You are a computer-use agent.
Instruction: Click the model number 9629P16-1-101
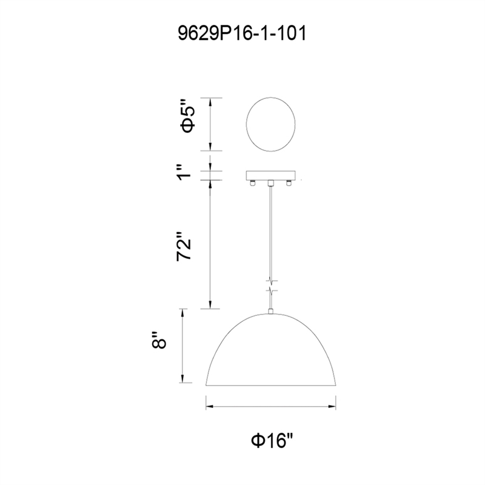click(x=242, y=33)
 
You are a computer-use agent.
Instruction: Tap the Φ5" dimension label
click(x=188, y=120)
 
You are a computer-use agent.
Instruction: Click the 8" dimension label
click(x=159, y=340)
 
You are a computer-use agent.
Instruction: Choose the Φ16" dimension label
click(x=272, y=440)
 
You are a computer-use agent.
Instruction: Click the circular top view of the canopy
click(x=270, y=124)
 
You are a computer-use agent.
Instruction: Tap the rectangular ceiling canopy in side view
click(x=270, y=175)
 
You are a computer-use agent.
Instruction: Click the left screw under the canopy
click(x=252, y=183)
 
